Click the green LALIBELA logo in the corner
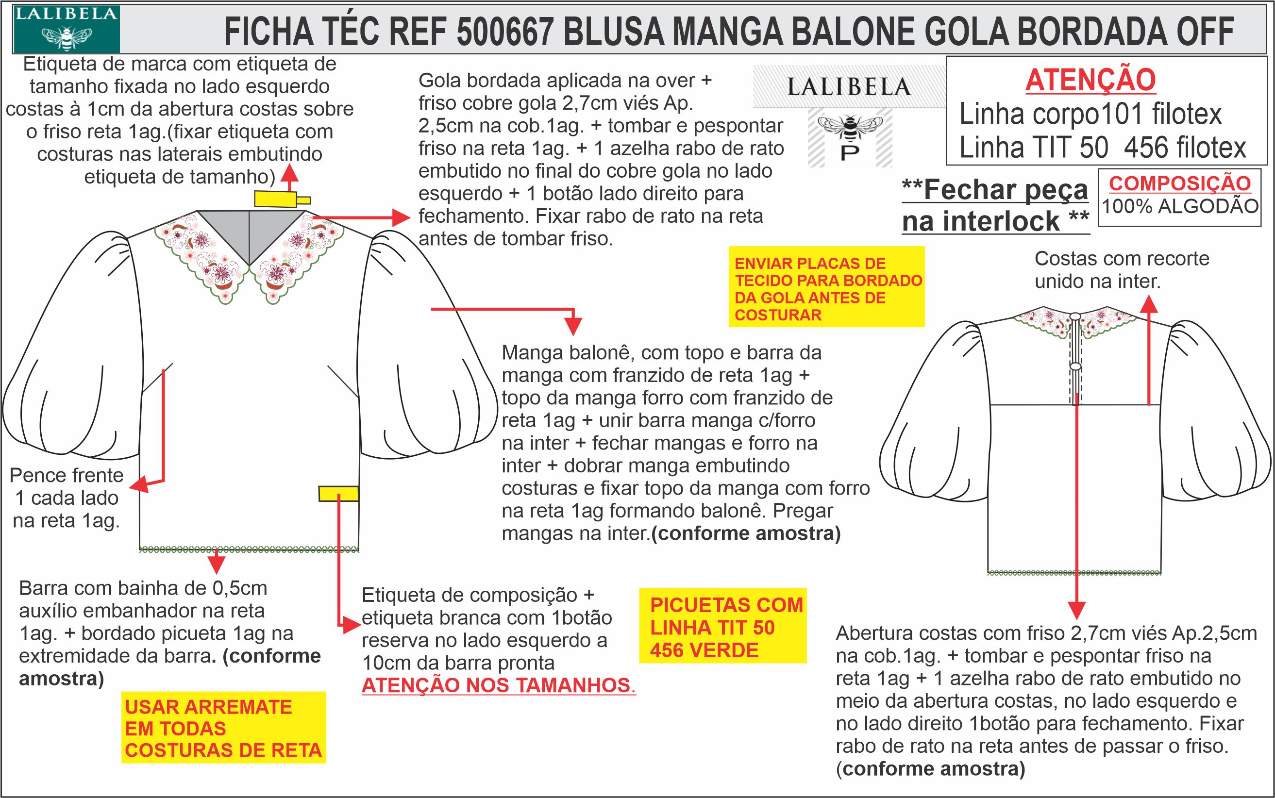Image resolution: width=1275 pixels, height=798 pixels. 66,29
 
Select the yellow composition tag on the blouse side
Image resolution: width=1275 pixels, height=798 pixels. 338,494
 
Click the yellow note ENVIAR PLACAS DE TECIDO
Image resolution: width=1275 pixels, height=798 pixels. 827,288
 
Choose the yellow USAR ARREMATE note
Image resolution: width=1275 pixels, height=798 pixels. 223,728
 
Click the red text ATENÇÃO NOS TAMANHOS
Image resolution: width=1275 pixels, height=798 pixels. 498,685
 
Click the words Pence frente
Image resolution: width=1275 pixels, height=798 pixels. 67,476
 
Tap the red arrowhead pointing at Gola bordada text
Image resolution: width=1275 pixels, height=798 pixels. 401,216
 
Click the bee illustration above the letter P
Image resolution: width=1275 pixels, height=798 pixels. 850,127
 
